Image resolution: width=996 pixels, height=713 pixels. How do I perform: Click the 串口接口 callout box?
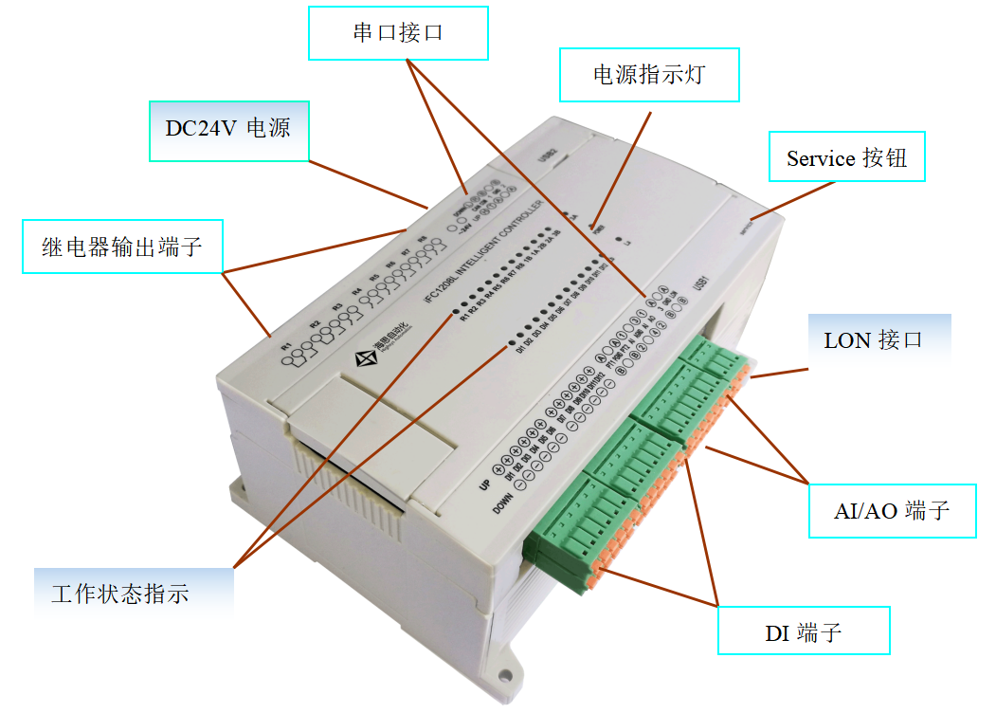(398, 33)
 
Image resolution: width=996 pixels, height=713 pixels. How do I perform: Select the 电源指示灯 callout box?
(648, 75)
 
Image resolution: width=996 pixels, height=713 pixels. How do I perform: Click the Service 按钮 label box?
(846, 157)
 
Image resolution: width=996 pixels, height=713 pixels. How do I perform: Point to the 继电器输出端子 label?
(122, 247)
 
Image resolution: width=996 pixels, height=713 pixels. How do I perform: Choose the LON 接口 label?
(873, 339)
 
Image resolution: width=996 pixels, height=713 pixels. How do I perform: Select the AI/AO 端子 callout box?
(891, 511)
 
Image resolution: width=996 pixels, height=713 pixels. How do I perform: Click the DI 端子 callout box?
(803, 631)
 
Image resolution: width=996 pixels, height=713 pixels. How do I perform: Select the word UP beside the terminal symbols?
(485, 484)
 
